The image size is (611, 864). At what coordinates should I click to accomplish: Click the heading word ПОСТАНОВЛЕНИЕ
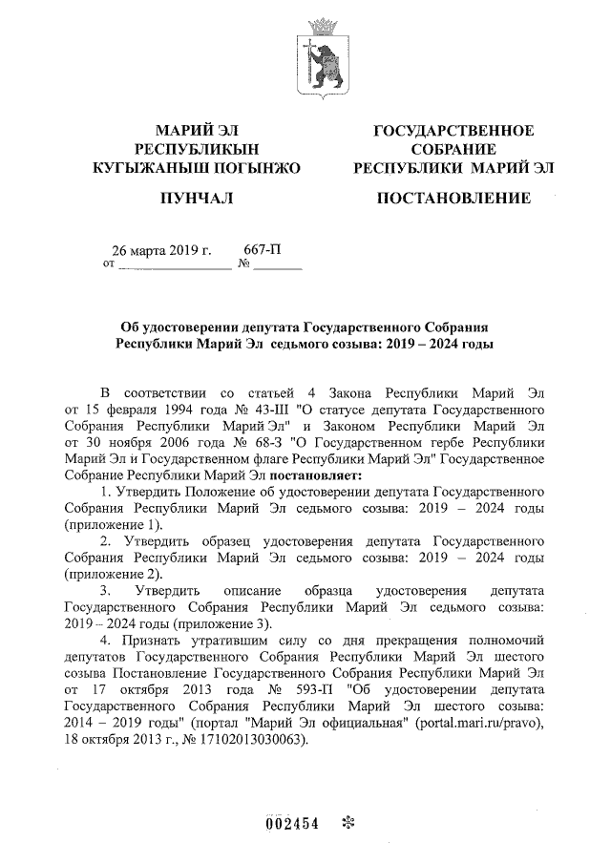pyautogui.click(x=453, y=199)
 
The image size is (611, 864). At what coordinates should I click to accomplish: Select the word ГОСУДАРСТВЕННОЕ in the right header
pyautogui.click(x=453, y=131)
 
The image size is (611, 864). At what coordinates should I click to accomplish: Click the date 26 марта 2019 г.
pyautogui.click(x=162, y=251)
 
